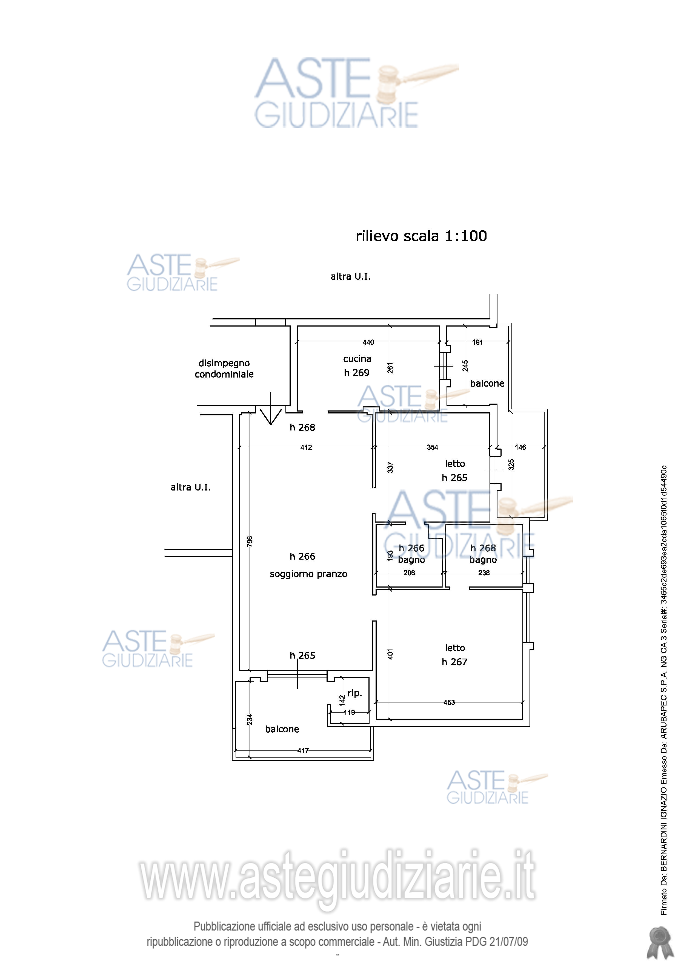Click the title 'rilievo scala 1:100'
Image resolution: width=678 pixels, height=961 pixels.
click(421, 236)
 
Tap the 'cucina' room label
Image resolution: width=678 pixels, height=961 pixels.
click(357, 359)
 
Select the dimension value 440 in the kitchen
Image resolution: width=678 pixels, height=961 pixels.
click(368, 342)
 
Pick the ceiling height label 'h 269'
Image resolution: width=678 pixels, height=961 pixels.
click(356, 373)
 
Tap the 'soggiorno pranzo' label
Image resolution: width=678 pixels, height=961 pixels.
click(308, 574)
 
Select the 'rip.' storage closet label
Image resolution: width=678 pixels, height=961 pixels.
click(355, 693)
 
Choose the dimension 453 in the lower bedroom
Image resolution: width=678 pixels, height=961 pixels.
click(449, 703)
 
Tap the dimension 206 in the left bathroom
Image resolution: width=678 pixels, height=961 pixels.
click(409, 573)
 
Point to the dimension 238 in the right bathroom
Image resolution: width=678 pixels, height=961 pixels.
click(484, 573)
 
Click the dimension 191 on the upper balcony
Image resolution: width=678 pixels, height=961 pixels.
click(478, 342)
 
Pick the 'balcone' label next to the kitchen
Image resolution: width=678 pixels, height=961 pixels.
click(487, 383)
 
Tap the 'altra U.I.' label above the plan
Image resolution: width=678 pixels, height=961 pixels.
click(350, 276)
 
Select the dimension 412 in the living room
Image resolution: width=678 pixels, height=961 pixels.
click(306, 447)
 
